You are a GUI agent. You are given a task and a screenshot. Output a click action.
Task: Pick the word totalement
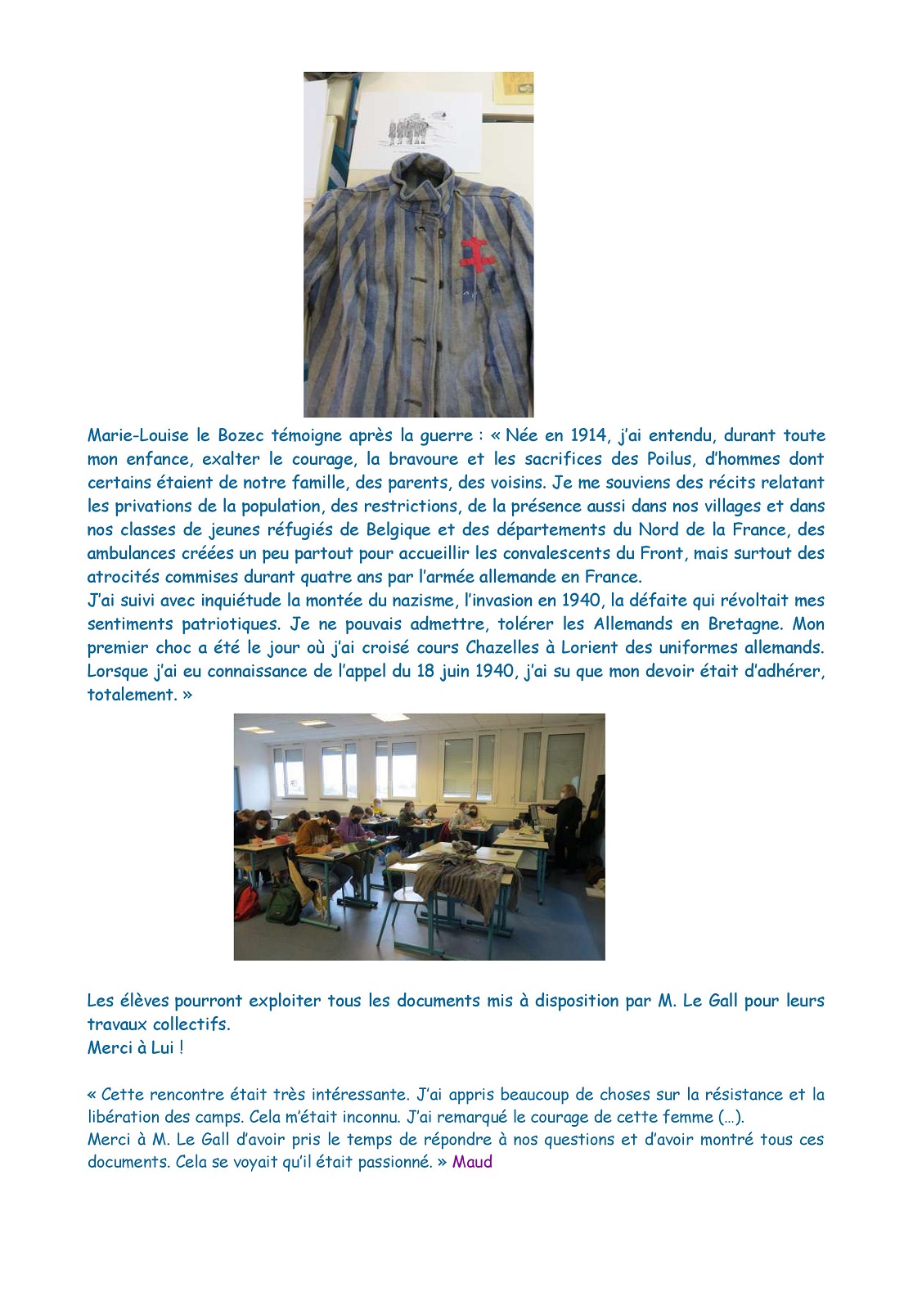(x=132, y=696)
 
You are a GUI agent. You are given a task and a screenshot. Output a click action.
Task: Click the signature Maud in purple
(x=472, y=1162)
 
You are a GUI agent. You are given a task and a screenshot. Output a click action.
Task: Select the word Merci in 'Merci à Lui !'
(x=110, y=1048)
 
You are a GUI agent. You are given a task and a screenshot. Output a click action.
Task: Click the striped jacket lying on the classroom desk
(x=466, y=880)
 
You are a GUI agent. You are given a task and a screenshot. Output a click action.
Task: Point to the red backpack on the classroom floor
(x=245, y=900)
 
